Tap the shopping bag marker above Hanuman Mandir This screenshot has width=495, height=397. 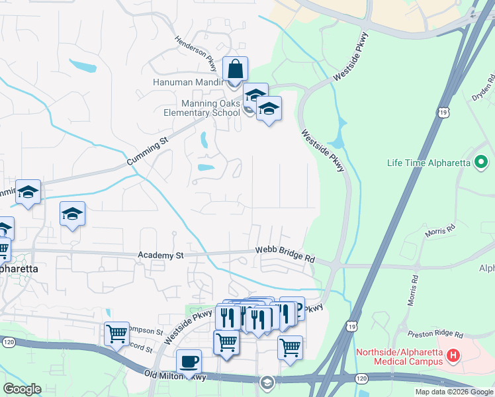(x=236, y=69)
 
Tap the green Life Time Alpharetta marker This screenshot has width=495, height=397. (x=481, y=162)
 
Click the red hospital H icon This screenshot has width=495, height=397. (x=453, y=356)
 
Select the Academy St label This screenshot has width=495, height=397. (x=159, y=255)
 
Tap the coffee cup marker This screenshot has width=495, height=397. (x=189, y=361)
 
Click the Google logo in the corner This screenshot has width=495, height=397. (x=22, y=389)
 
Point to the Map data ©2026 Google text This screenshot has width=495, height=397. (x=453, y=392)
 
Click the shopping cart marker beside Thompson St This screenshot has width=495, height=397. (x=116, y=333)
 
